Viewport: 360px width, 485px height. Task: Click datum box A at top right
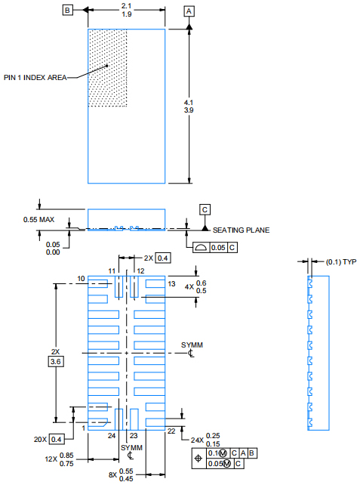pos(189,11)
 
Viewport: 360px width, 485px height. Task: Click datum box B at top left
pos(67,11)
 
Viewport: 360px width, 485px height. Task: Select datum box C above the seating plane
pos(205,210)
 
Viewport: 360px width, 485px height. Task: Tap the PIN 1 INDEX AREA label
pos(35,77)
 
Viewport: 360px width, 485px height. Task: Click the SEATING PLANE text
pos(241,230)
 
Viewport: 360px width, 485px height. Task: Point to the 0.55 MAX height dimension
pos(38,220)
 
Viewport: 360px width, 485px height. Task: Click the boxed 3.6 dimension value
pos(56,362)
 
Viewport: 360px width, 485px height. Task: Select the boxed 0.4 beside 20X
pos(57,439)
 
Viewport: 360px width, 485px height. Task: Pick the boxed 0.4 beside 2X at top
pos(163,258)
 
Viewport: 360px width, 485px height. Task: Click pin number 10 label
pos(81,279)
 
